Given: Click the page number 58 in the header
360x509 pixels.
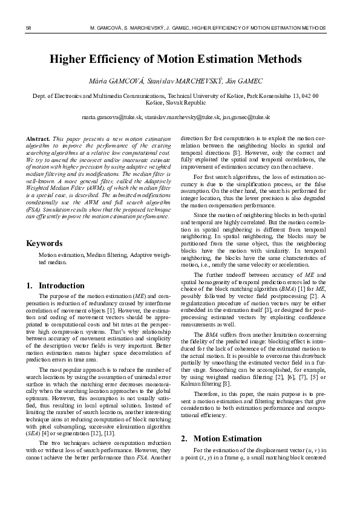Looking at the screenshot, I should point(29,28).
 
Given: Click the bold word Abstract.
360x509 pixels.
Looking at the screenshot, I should point(39,139).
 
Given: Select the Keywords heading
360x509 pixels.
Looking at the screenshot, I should point(45,243).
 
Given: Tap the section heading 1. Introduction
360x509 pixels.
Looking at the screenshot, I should point(56,285).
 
